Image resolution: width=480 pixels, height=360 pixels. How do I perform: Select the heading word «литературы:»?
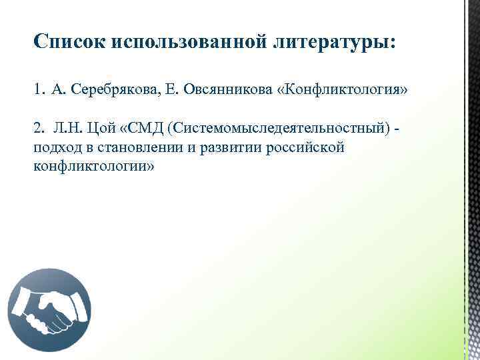click(x=333, y=42)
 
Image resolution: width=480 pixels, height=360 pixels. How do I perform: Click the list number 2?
click(x=37, y=127)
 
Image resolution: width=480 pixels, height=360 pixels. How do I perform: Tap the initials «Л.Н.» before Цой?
click(x=65, y=127)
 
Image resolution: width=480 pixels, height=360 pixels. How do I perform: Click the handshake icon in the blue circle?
click(x=49, y=308)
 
